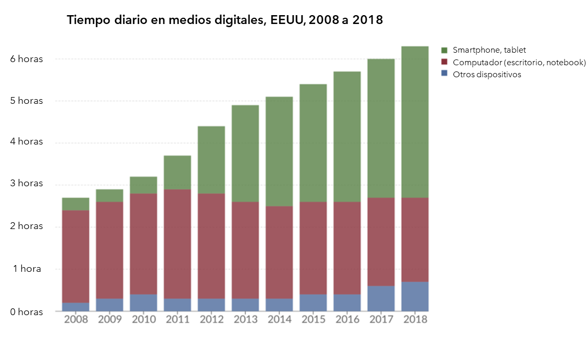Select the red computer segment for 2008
coord(76,256)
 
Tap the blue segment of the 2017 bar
coord(381,298)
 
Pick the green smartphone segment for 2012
coord(211,160)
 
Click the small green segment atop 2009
coord(110,196)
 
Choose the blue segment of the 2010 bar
coord(143,303)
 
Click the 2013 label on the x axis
coord(245,319)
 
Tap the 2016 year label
coord(347,319)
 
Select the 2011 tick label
coord(177,319)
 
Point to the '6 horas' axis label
coord(26,59)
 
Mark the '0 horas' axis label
coord(26,312)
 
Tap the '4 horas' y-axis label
coord(26,142)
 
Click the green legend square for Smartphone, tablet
coord(445,50)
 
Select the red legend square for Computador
coord(445,63)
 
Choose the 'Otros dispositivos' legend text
coord(487,75)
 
